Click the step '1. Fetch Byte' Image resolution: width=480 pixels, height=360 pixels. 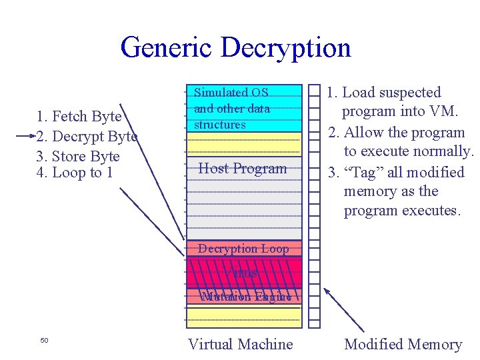coord(79,117)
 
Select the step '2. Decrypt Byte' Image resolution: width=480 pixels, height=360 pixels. coord(86,137)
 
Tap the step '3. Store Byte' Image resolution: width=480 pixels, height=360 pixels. coord(78,157)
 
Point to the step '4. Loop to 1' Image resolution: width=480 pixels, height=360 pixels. coord(75,173)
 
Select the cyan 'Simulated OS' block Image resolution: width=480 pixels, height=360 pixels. coord(243,108)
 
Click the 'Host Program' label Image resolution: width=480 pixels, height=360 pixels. coord(243,169)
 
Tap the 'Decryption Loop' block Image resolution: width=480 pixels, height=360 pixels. coord(243,249)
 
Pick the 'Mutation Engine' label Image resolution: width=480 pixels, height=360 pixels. coord(245,297)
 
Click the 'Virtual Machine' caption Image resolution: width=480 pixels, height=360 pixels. coord(240,344)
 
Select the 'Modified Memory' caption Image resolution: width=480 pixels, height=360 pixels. coord(403,344)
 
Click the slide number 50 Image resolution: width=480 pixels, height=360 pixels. coord(44,341)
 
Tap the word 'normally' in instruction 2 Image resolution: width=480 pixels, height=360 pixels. coord(439,152)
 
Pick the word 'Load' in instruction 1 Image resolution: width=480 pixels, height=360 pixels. coord(359,93)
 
